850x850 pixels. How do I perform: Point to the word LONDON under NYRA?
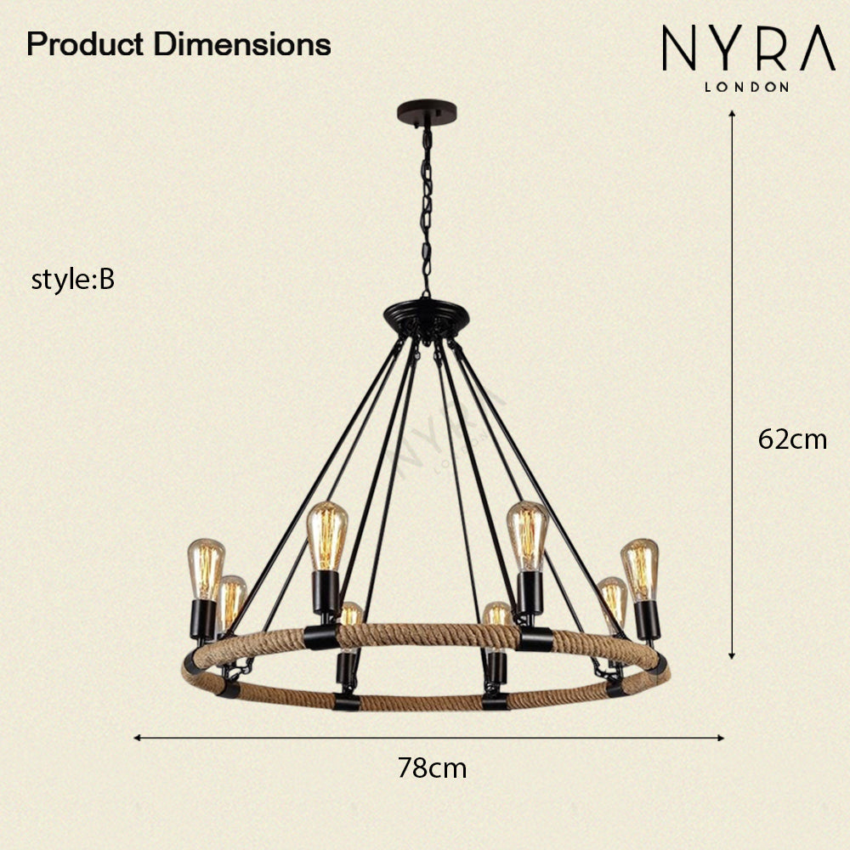pyautogui.click(x=747, y=86)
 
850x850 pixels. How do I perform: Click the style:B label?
pyautogui.click(x=72, y=280)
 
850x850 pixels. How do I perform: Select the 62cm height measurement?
pyautogui.click(x=792, y=439)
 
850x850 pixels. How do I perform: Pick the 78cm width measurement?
pyautogui.click(x=432, y=768)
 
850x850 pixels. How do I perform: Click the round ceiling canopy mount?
pyautogui.click(x=426, y=112)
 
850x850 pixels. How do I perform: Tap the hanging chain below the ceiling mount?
pyautogui.click(x=426, y=212)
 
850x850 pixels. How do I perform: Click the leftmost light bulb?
pyautogui.click(x=206, y=569)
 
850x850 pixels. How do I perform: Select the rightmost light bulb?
pyautogui.click(x=640, y=569)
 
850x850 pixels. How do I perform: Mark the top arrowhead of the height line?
pyautogui.click(x=732, y=116)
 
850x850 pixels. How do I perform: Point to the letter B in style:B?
pyautogui.click(x=106, y=280)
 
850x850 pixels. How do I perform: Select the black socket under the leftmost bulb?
pyautogui.click(x=203, y=619)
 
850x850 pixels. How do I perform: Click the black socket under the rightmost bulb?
pyautogui.click(x=647, y=619)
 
